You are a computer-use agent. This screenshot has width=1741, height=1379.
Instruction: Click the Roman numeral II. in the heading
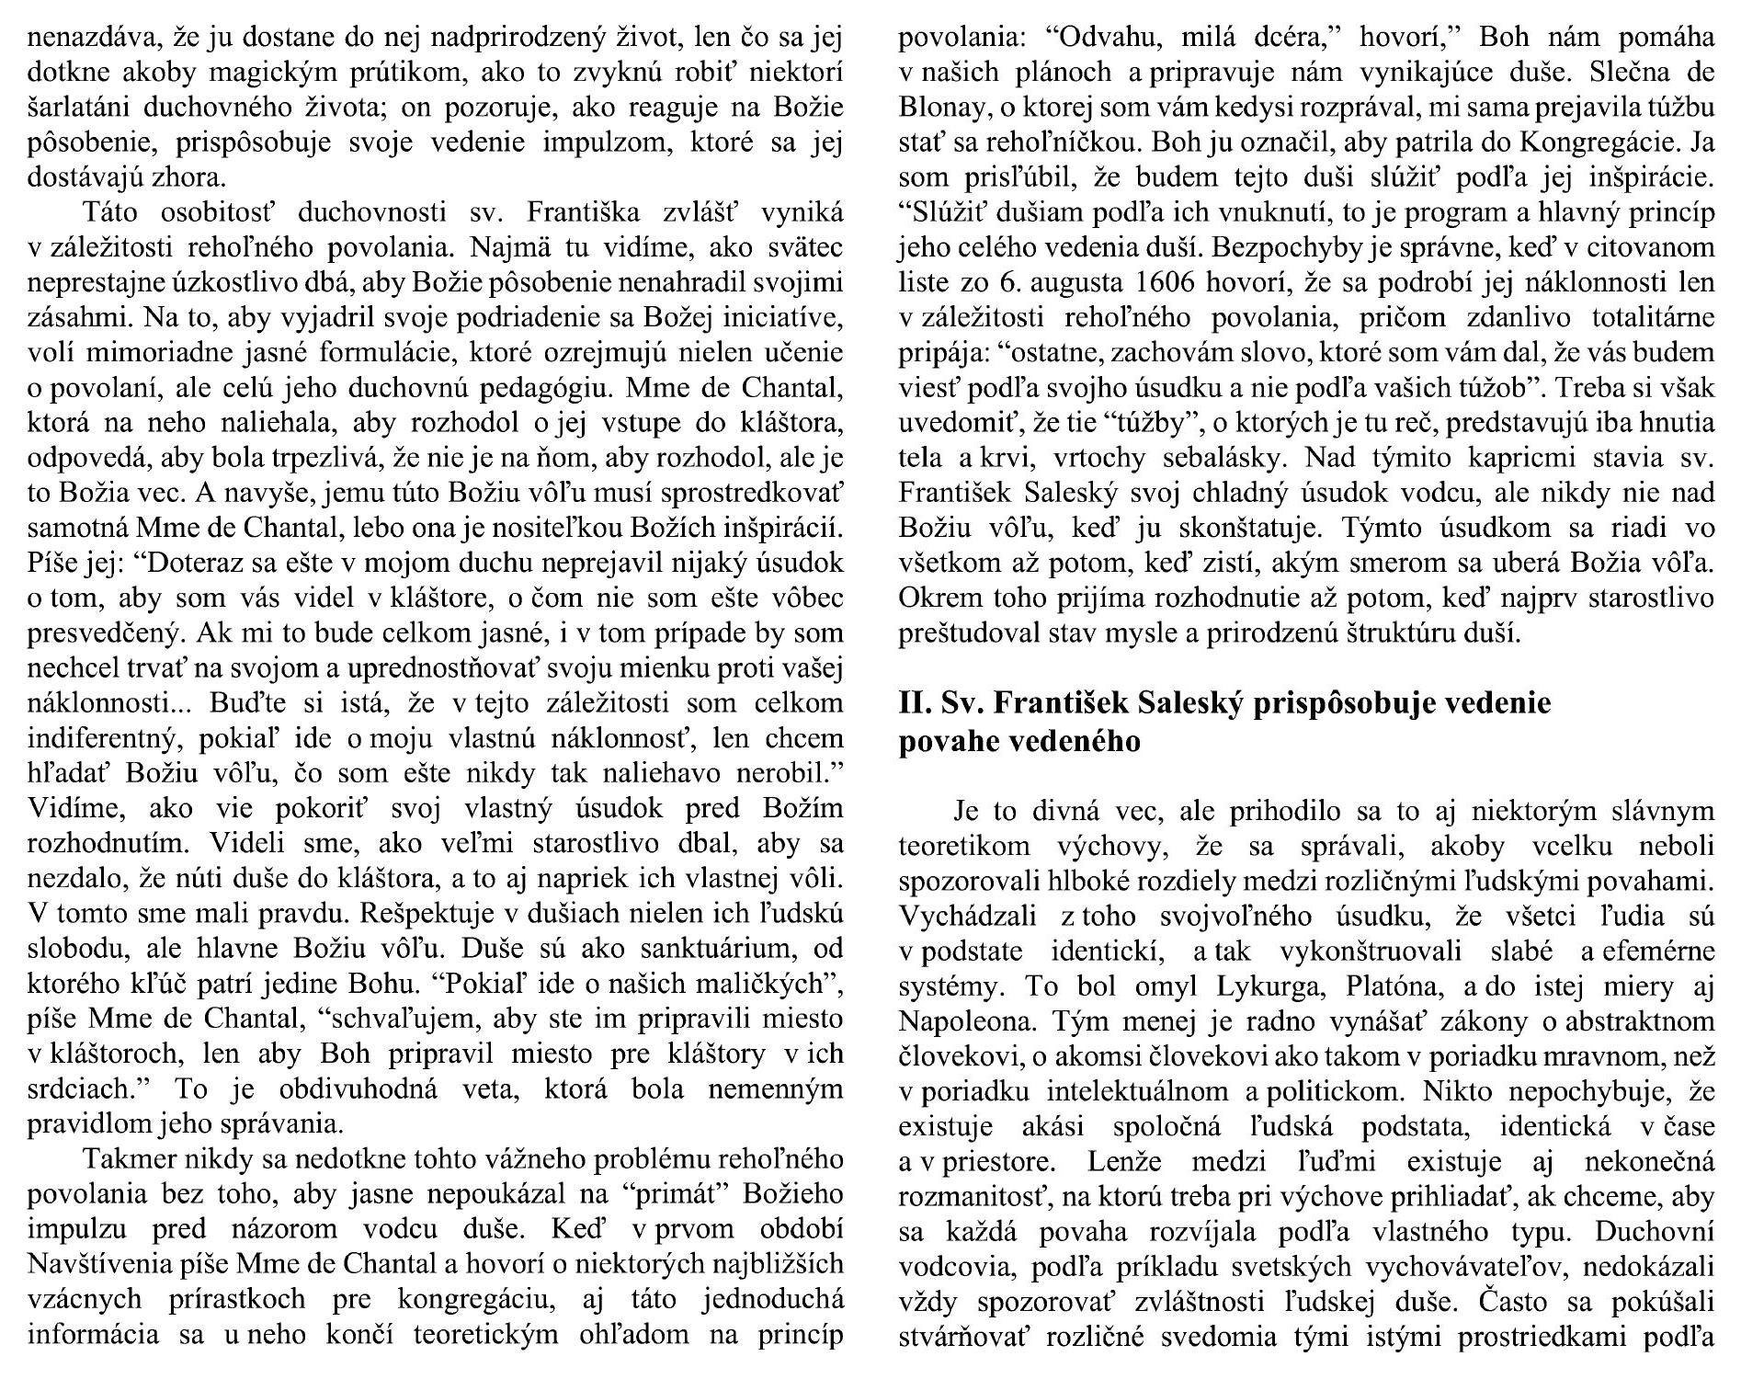point(916,703)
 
